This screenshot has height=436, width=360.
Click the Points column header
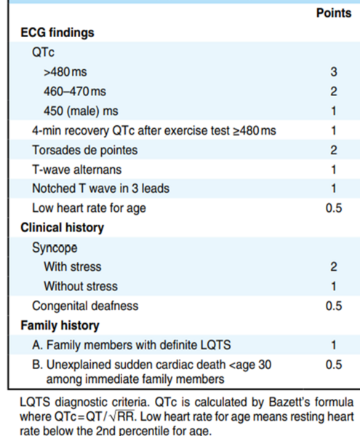click(x=334, y=13)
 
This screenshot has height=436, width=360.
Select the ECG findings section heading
click(x=57, y=33)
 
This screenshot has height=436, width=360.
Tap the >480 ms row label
click(x=65, y=72)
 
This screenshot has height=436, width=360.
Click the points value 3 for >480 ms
click(x=334, y=72)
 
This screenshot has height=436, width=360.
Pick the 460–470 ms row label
click(x=75, y=92)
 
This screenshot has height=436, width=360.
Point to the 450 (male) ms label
click(x=81, y=111)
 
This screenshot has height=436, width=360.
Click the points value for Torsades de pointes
click(x=334, y=150)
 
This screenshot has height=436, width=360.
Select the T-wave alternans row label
click(x=77, y=170)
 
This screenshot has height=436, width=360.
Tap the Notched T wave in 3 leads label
click(x=101, y=189)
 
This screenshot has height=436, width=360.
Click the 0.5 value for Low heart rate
click(x=334, y=208)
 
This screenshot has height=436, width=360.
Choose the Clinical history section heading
click(x=63, y=228)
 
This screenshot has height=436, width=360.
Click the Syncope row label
click(x=55, y=247)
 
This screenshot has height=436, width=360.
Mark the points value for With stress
click(x=334, y=267)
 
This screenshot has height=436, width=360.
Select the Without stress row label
click(x=81, y=286)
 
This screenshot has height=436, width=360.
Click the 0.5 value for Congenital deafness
click(x=334, y=306)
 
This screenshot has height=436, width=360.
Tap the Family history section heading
click(x=60, y=325)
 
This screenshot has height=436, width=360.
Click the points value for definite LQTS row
click(x=334, y=345)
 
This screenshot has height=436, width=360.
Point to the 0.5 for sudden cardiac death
click(x=334, y=365)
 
